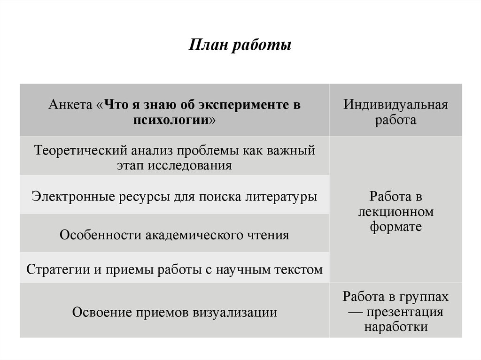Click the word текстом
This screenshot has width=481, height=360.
click(300, 270)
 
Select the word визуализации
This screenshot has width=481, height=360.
click(235, 312)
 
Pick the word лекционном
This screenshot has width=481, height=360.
click(396, 212)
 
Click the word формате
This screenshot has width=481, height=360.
click(396, 227)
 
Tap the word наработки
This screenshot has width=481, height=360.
click(396, 327)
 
